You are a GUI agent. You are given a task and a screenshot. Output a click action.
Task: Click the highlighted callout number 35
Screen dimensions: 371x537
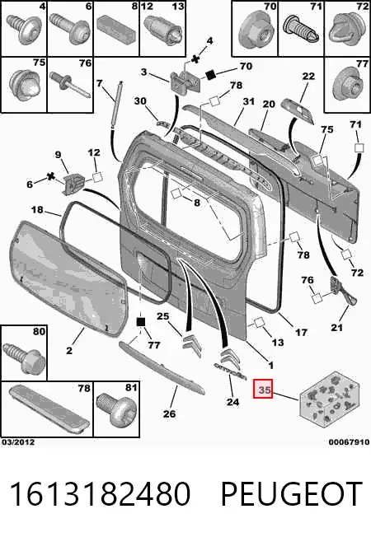point(263,389)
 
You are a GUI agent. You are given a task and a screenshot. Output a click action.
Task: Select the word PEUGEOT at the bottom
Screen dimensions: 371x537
point(292,493)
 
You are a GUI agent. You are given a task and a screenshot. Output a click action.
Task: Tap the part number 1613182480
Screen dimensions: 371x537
point(100,493)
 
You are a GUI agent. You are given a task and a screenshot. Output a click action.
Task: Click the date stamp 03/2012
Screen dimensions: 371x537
point(18,441)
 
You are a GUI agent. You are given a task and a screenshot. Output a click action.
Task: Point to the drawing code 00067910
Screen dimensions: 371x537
point(349,442)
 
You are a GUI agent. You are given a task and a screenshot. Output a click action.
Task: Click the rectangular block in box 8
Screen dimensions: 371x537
point(116,31)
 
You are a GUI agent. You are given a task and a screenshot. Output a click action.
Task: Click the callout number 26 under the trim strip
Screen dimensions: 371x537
point(169,413)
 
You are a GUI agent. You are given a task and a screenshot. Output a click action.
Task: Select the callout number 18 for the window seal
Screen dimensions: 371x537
point(37,209)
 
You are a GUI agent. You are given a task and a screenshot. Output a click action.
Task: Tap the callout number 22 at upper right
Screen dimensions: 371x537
point(308,76)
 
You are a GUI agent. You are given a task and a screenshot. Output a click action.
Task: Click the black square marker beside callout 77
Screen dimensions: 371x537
point(141,322)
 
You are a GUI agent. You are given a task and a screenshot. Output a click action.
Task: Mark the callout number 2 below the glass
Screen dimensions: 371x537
point(69,350)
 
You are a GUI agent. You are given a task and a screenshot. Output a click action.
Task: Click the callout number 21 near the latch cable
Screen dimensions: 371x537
point(336,328)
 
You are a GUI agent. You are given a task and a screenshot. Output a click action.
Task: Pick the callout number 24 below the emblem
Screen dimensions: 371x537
point(232,401)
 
